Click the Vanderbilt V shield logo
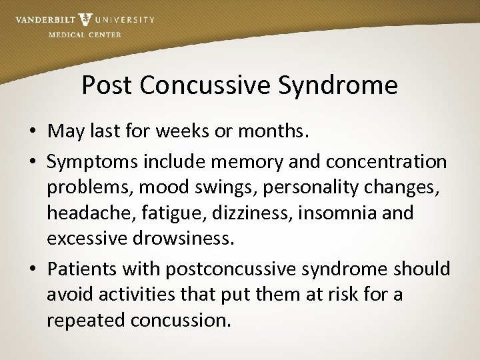click(85, 19)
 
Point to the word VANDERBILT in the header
click(44, 20)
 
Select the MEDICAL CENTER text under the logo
click(85, 35)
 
